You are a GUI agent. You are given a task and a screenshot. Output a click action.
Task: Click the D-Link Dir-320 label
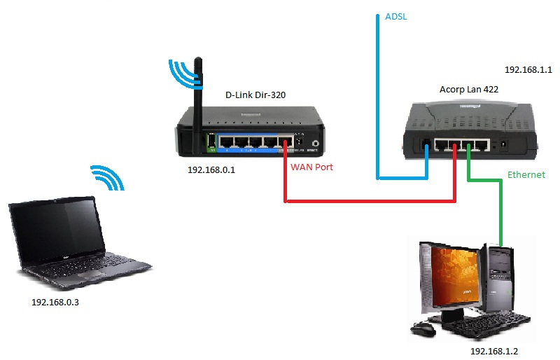pyautogui.click(x=255, y=95)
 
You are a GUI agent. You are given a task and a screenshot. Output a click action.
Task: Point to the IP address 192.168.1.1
pyautogui.click(x=528, y=70)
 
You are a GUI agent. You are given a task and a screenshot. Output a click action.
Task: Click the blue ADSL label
pyautogui.click(x=395, y=16)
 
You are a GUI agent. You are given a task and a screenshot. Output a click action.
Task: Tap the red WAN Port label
pyautogui.click(x=311, y=167)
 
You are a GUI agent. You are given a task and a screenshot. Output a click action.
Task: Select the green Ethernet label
pyautogui.click(x=525, y=174)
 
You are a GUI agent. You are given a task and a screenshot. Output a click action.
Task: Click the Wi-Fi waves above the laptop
pyautogui.click(x=108, y=178)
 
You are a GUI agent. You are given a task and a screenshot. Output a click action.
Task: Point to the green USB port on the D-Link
pyautogui.click(x=211, y=143)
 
